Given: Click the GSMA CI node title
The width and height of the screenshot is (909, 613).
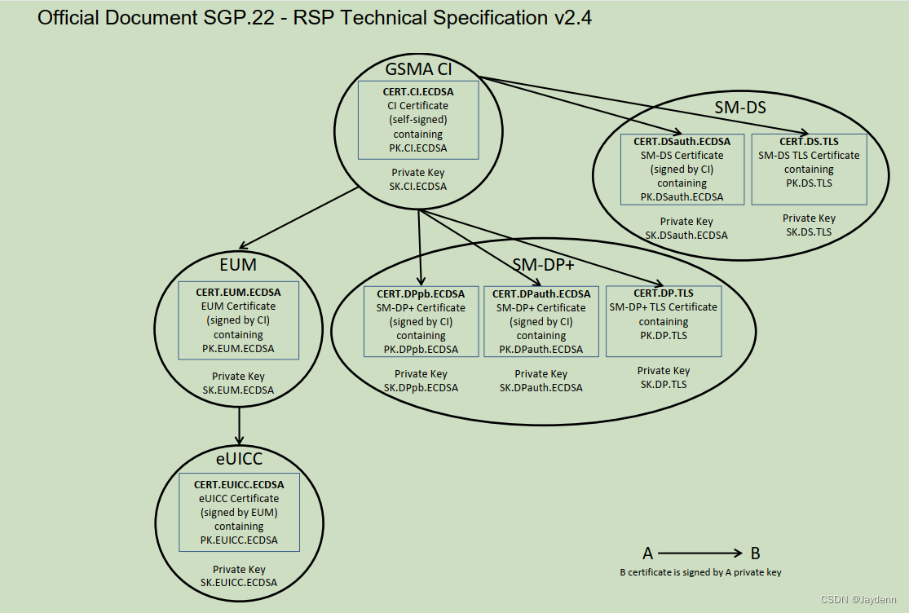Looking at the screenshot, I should [418, 69].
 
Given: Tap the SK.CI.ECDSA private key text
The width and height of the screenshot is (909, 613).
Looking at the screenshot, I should [418, 186].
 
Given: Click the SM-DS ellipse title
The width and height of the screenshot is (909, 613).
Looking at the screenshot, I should [735, 107].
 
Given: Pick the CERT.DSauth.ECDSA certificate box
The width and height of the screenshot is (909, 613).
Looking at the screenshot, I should [682, 170].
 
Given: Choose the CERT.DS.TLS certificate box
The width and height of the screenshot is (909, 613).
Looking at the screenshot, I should [809, 170].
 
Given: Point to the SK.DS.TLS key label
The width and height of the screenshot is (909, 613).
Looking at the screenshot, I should [809, 232].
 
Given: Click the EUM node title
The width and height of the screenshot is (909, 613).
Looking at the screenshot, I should [238, 264].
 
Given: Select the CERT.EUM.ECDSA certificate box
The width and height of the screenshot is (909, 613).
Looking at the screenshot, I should [239, 320].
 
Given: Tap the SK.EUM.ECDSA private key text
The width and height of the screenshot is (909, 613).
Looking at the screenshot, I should [239, 390].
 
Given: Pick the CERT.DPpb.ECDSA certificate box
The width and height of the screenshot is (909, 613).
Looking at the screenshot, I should [421, 322].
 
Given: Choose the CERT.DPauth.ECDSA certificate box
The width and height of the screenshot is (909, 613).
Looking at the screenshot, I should [541, 322].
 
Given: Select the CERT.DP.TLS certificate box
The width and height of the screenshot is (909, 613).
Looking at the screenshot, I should [664, 322].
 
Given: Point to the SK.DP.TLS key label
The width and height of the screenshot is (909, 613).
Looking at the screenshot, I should [664, 384].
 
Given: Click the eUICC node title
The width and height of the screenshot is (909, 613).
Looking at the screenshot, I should [239, 459].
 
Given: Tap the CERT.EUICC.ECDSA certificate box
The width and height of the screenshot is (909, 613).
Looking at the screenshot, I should [239, 513].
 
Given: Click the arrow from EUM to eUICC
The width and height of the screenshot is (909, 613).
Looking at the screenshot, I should [239, 424].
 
